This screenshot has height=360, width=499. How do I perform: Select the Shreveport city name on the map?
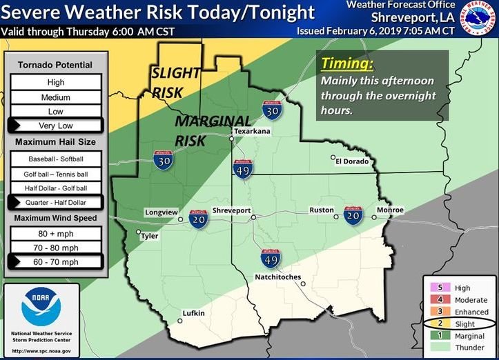point(231,210)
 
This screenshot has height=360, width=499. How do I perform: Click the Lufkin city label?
point(193,314)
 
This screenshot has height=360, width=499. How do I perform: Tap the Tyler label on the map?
point(150,236)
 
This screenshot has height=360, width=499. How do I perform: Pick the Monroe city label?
point(390,210)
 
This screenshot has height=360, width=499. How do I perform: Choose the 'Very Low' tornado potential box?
point(56,126)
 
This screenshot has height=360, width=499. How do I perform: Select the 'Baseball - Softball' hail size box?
point(56,158)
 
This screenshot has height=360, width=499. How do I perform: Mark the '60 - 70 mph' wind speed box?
point(56,262)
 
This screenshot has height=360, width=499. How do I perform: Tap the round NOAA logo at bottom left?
point(41,306)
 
